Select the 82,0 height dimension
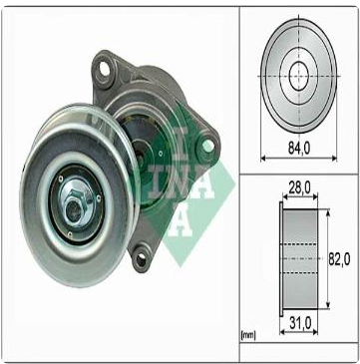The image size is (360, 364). coord(339,257)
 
